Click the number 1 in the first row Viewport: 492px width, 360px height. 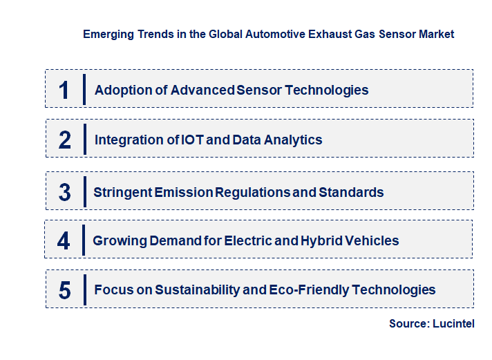pos(64,90)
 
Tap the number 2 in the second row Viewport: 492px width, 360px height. pos(65,140)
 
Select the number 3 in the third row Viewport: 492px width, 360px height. pos(64,192)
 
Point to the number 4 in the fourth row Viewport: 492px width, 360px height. pos(64,241)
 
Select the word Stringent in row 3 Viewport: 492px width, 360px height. pos(122,192)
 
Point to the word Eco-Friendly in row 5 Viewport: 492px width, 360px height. pos(311,290)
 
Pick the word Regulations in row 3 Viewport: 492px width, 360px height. pos(252,192)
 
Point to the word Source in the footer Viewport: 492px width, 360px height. pos(408,323)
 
